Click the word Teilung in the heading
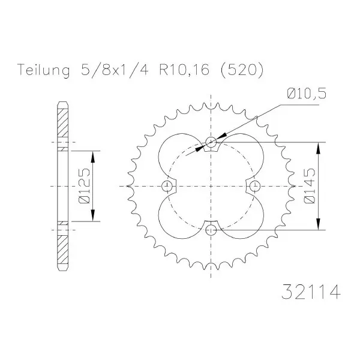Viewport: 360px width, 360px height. (43, 70)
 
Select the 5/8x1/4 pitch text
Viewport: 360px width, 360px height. (115, 70)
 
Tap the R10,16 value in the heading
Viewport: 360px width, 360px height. (184, 70)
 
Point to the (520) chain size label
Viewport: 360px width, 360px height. (242, 70)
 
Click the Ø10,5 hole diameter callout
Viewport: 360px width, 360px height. (307, 94)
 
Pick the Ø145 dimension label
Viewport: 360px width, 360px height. (309, 186)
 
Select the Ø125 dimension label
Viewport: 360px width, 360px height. (84, 186)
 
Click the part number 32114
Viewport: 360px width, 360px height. (311, 292)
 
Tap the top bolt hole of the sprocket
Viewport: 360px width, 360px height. (211, 142)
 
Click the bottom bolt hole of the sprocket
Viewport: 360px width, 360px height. (211, 230)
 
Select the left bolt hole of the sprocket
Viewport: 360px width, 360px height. (167, 186)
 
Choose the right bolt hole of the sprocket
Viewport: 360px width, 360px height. (254, 186)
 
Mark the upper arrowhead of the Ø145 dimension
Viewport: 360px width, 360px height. (318, 148)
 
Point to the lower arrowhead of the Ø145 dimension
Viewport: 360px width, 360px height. (318, 224)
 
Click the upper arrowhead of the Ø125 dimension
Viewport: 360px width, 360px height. (92, 157)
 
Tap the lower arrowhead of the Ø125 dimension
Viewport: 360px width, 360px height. (92, 215)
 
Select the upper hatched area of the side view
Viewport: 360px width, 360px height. (62, 123)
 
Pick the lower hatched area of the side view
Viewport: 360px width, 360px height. (62, 250)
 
